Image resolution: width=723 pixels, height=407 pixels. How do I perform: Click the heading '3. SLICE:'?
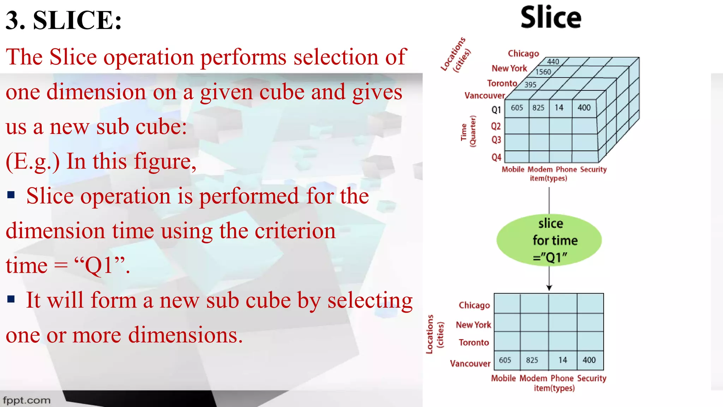64,20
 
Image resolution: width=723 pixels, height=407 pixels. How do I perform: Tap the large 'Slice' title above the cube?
551,18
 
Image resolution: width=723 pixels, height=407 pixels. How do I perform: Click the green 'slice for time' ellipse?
549,240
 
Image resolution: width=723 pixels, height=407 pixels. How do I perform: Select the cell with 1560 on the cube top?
543,72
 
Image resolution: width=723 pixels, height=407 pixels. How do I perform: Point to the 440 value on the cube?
553,61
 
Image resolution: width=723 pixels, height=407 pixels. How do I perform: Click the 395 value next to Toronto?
530,85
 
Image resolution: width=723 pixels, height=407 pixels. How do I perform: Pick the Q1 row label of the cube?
496,110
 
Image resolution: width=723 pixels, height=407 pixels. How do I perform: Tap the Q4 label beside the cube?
496,157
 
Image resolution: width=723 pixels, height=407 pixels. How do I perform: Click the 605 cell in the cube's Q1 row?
517,108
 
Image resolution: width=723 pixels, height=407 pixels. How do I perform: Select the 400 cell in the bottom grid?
589,360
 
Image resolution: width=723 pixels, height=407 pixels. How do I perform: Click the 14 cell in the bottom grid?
562,360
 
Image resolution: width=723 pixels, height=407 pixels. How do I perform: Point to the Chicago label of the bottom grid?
474,305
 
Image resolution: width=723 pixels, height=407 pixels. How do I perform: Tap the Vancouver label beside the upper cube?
484,96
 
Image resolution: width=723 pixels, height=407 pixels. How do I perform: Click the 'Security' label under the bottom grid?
592,378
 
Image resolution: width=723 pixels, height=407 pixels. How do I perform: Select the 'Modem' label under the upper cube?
540,170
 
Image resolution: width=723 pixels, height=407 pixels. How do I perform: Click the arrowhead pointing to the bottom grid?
549,288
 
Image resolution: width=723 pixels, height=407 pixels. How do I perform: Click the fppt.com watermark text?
27,400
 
